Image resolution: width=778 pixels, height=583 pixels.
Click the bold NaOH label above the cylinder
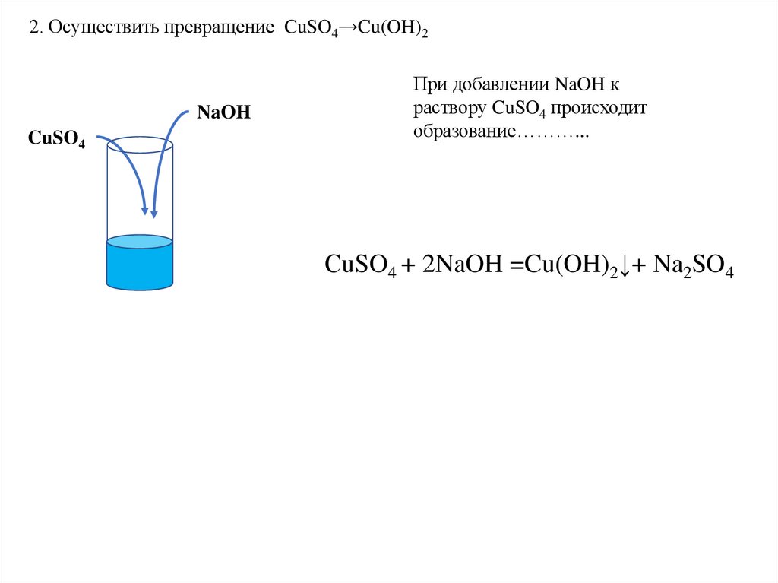pyautogui.click(x=223, y=112)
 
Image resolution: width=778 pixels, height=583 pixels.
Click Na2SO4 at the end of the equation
pyautogui.click(x=696, y=266)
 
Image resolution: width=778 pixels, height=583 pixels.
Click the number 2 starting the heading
pyautogui.click(x=33, y=28)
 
